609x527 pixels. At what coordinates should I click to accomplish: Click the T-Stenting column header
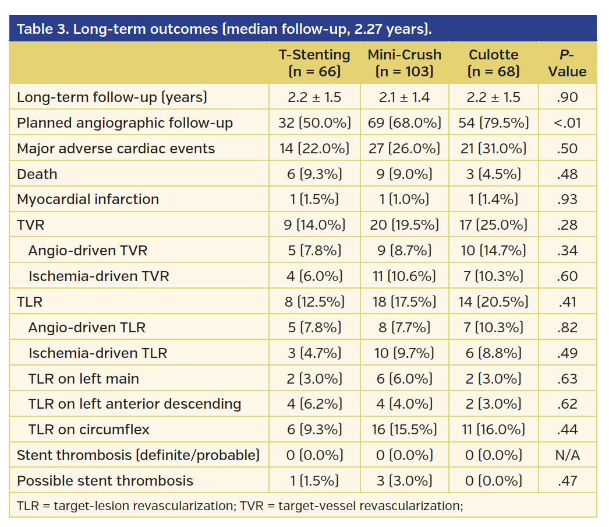pos(314,63)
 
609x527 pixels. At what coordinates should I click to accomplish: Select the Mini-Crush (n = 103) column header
pos(405,63)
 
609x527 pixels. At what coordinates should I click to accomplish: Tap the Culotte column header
pos(493,63)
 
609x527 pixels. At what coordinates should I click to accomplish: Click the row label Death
pos(37,174)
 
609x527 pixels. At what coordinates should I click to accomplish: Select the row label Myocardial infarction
pos(87,199)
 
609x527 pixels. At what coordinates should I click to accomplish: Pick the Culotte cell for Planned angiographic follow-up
pos(493,123)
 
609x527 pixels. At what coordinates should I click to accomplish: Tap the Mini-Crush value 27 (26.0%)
pos(405,149)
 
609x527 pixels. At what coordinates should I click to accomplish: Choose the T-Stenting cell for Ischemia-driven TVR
pos(314,276)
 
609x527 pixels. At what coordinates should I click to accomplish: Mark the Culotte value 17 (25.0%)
pos(493,225)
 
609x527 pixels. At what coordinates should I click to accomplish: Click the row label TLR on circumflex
pos(88,430)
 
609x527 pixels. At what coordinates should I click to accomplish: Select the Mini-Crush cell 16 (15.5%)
pos(405,430)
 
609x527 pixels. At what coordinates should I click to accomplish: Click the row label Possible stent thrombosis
pos(105,481)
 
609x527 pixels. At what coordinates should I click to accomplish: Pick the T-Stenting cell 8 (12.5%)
pos(314,302)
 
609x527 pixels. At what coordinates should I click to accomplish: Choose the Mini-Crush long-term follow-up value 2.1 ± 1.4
pos(405,97)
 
